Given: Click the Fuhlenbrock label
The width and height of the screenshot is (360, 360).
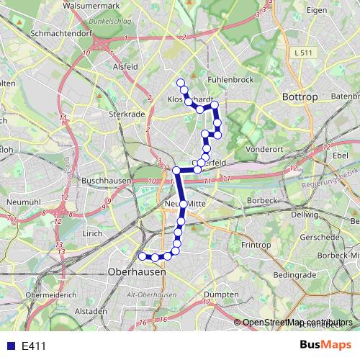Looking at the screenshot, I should point(230,79).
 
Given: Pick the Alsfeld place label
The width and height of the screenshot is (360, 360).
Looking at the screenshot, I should point(125,66).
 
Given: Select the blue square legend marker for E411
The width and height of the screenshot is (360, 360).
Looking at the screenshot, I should point(9,346).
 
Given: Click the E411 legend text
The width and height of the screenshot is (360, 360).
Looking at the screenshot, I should point(34,346).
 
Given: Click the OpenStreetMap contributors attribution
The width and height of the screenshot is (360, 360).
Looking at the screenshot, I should point(297,322).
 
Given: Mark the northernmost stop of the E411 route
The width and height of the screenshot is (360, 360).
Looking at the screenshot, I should point(180,82).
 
